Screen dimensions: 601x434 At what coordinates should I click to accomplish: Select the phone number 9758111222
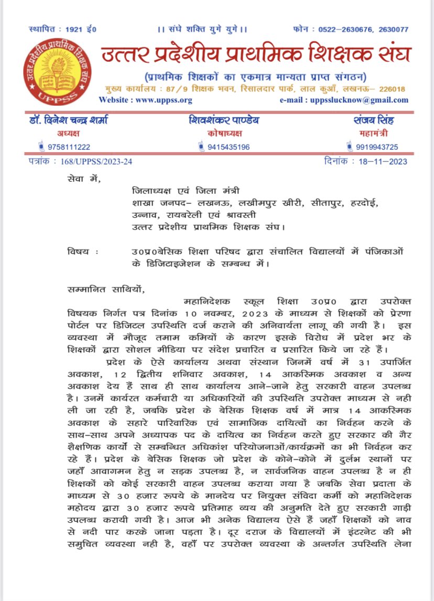coord(69,147)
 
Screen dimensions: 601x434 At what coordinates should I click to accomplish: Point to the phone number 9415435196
coord(228,147)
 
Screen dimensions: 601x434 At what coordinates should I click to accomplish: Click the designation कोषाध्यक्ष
coord(224,134)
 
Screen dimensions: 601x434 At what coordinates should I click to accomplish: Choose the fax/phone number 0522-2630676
coord(340,29)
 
